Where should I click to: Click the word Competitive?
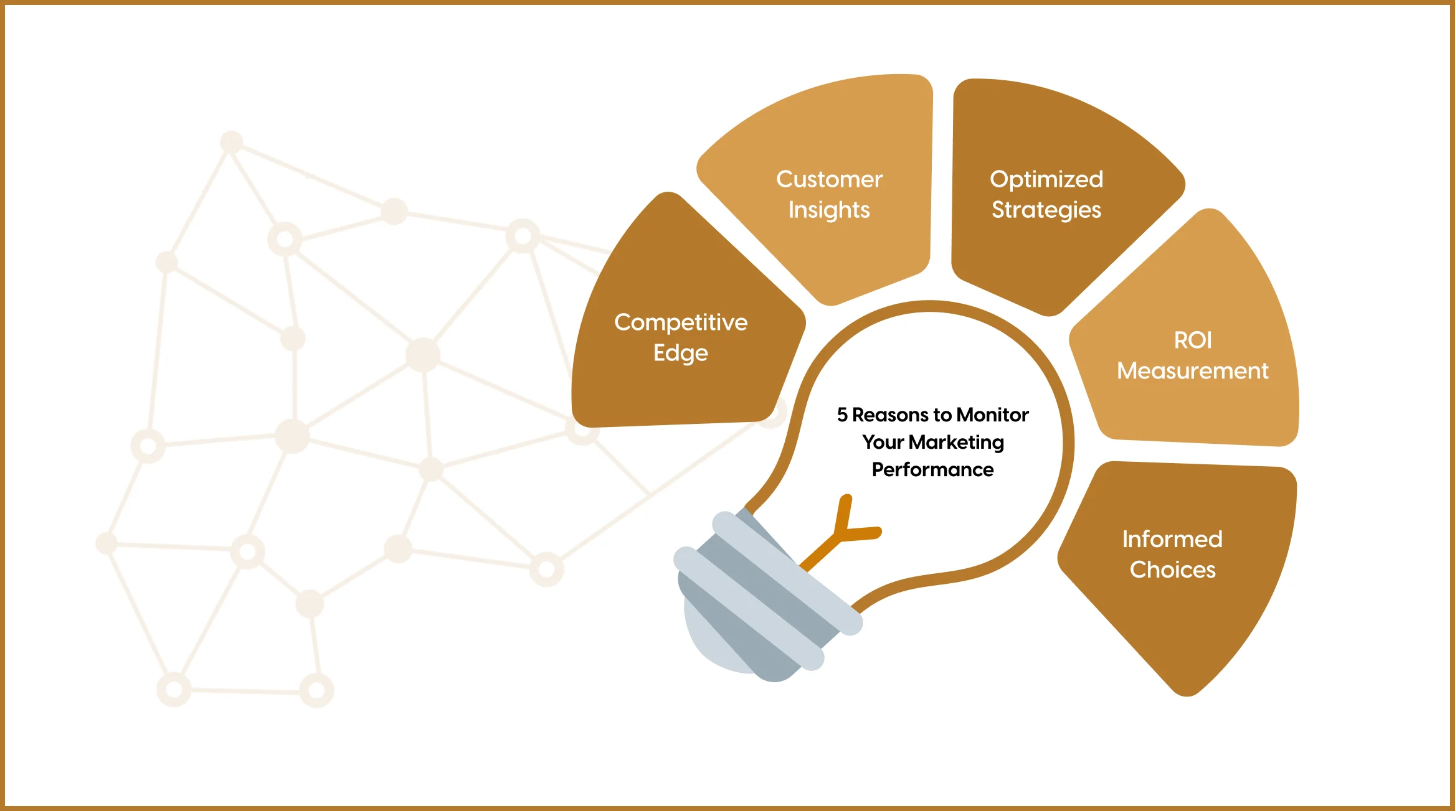680,322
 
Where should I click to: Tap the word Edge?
680,353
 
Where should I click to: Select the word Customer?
829,179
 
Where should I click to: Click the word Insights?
829,210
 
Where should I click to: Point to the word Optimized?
1046,179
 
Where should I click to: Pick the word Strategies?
1046,210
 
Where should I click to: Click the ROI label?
1193,340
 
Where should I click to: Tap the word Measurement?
1193,371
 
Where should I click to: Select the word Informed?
1172,539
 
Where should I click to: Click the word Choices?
1172,570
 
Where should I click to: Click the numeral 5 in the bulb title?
842,415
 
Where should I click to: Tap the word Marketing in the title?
956,442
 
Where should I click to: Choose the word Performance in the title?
932,469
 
